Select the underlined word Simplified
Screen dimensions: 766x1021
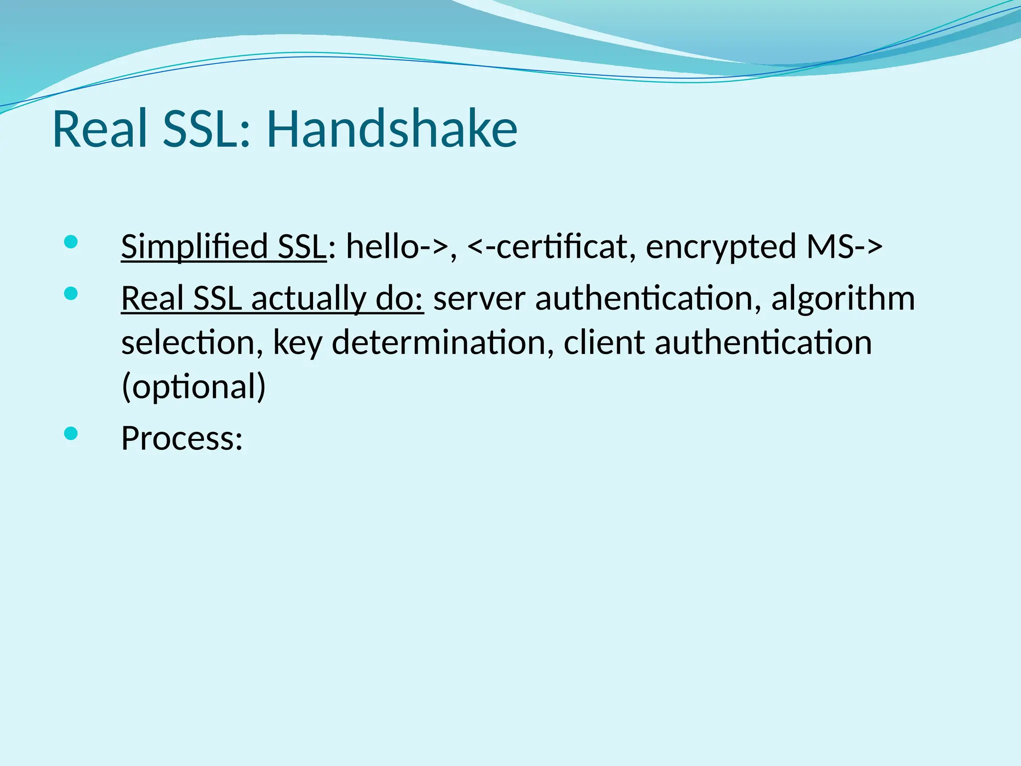[x=194, y=247]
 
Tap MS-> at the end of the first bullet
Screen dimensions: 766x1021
[x=845, y=247]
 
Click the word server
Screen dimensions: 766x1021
[x=479, y=299]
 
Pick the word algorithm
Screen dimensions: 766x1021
[x=843, y=299]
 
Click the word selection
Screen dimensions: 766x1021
[x=192, y=343]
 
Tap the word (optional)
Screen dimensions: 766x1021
[x=193, y=387]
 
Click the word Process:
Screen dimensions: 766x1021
[x=182, y=439]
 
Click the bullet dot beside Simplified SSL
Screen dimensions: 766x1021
[x=71, y=242]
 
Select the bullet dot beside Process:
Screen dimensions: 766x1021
[x=71, y=433]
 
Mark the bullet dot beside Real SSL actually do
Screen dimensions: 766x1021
[x=71, y=294]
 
